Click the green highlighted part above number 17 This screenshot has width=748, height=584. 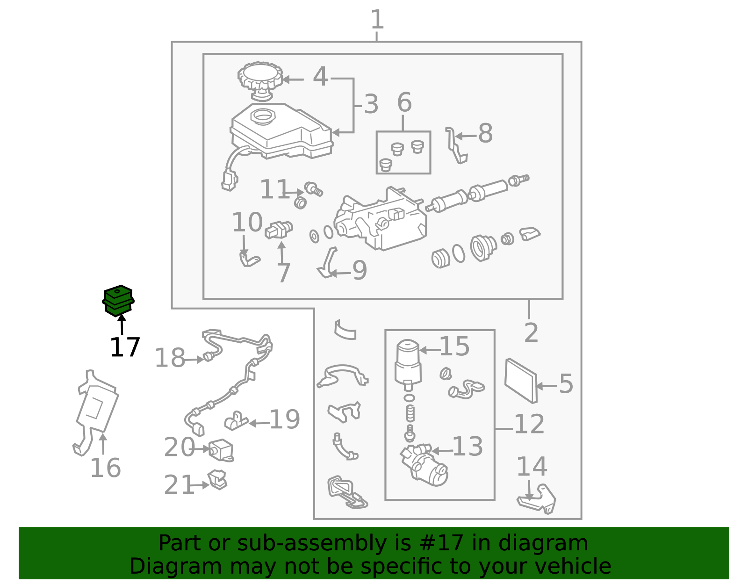tap(118, 301)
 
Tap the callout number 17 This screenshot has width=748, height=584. tap(125, 347)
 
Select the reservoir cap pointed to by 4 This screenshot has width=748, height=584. tap(260, 80)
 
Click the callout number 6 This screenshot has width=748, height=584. tap(404, 102)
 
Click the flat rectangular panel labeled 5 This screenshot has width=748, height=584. tap(521, 381)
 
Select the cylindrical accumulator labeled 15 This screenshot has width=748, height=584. tap(408, 365)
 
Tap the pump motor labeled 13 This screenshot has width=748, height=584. tap(424, 465)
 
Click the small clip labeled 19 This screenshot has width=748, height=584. tap(236, 421)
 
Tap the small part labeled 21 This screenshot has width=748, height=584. tap(217, 480)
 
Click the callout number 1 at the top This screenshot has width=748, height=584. tap(377, 20)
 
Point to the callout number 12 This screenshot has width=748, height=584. tap(529, 424)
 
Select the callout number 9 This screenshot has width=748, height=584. tap(360, 270)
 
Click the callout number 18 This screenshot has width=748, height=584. tap(170, 358)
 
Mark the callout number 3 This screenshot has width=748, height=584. tap(371, 104)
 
